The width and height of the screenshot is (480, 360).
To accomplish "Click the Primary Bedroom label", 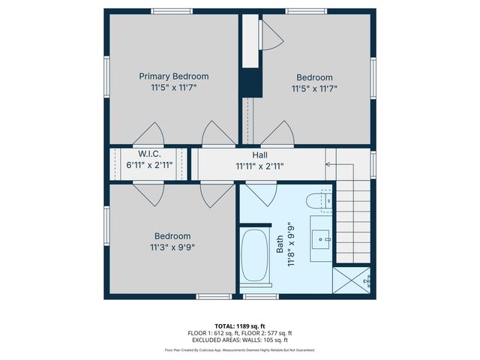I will [174, 76].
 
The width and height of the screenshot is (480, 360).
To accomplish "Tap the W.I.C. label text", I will [150, 154].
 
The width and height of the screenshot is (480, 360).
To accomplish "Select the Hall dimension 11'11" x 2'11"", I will [259, 166].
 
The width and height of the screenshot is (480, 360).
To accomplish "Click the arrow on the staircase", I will [328, 163].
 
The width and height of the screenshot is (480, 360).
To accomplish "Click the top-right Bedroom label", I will [314, 77].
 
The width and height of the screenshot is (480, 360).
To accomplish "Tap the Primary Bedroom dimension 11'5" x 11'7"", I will [174, 88].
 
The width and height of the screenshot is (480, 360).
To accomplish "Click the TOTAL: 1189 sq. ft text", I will [240, 326].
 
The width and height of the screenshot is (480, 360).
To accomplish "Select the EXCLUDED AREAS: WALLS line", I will [240, 339].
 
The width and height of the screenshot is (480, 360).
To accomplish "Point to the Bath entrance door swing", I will [261, 193].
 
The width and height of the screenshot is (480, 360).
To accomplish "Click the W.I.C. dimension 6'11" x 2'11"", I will [150, 165].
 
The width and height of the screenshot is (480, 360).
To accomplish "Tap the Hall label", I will [260, 154].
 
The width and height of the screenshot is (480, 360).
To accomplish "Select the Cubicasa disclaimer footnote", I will [240, 349].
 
